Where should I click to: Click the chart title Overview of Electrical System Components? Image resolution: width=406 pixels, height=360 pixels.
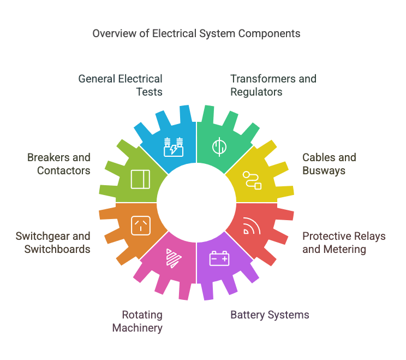(x=196, y=33)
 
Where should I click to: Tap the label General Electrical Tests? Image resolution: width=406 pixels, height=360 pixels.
(x=121, y=85)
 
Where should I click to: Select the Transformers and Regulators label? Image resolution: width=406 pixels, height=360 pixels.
(x=273, y=85)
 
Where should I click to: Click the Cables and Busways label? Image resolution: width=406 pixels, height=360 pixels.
(x=329, y=164)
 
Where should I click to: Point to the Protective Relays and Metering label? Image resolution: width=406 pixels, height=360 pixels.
(x=344, y=243)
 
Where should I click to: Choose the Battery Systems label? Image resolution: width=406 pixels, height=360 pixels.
(x=270, y=315)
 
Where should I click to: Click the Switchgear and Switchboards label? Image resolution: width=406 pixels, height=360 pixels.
(x=53, y=243)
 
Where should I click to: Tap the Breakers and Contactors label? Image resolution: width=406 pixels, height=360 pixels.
(x=59, y=164)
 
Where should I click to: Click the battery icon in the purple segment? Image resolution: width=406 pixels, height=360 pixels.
(x=219, y=258)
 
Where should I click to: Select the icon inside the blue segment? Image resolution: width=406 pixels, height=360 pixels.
(x=174, y=147)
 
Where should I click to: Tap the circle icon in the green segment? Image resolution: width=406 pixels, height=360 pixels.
(x=219, y=147)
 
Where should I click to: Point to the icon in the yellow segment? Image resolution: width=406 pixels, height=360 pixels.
(x=252, y=180)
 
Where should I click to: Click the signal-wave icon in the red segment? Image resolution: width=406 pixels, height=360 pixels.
(x=252, y=226)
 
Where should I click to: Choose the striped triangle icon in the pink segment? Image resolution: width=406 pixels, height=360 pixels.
(x=174, y=258)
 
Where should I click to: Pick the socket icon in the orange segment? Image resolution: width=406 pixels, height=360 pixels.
(x=141, y=226)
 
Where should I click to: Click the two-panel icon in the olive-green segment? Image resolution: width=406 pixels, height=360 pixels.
(x=141, y=180)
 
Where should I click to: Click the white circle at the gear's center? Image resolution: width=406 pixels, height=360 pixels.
(x=196, y=203)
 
